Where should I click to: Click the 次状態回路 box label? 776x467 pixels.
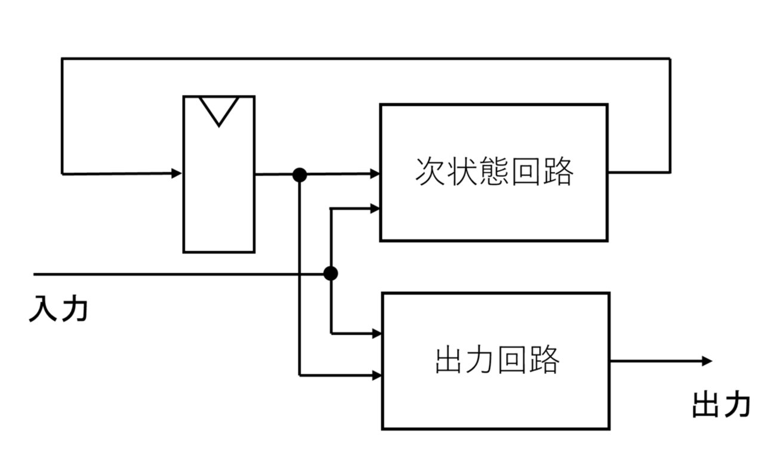(x=494, y=173)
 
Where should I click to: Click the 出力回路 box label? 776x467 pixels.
(x=497, y=360)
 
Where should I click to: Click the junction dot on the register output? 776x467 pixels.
(x=300, y=174)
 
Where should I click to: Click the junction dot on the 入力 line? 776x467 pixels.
(x=330, y=274)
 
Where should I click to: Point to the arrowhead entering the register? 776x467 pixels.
(x=177, y=174)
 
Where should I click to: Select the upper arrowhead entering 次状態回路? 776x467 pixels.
(x=375, y=174)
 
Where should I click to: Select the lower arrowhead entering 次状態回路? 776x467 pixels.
(x=375, y=208)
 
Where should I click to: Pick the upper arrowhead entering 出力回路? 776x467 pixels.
(x=377, y=333)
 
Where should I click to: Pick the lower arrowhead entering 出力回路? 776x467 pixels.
(x=377, y=376)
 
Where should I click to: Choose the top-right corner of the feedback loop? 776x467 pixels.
(x=670, y=59)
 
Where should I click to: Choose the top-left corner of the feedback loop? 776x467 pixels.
(x=62, y=59)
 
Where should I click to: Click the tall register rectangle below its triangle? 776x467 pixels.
(x=218, y=191)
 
